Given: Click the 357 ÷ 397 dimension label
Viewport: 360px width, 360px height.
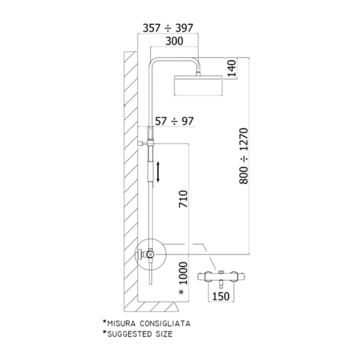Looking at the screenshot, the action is tap(168, 28).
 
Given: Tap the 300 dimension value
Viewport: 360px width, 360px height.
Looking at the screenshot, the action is tap(174, 41).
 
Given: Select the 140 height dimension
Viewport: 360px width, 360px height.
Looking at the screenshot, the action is tap(232, 68).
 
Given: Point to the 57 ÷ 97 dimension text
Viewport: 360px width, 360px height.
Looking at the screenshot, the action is tap(174, 121).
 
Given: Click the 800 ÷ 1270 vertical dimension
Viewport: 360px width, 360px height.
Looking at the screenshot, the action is tap(243, 156).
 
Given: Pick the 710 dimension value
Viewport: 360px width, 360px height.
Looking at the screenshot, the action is tap(183, 199).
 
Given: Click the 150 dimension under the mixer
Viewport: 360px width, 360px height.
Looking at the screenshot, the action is tap(220, 296).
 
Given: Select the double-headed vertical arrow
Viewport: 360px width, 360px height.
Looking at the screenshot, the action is tap(158, 172).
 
